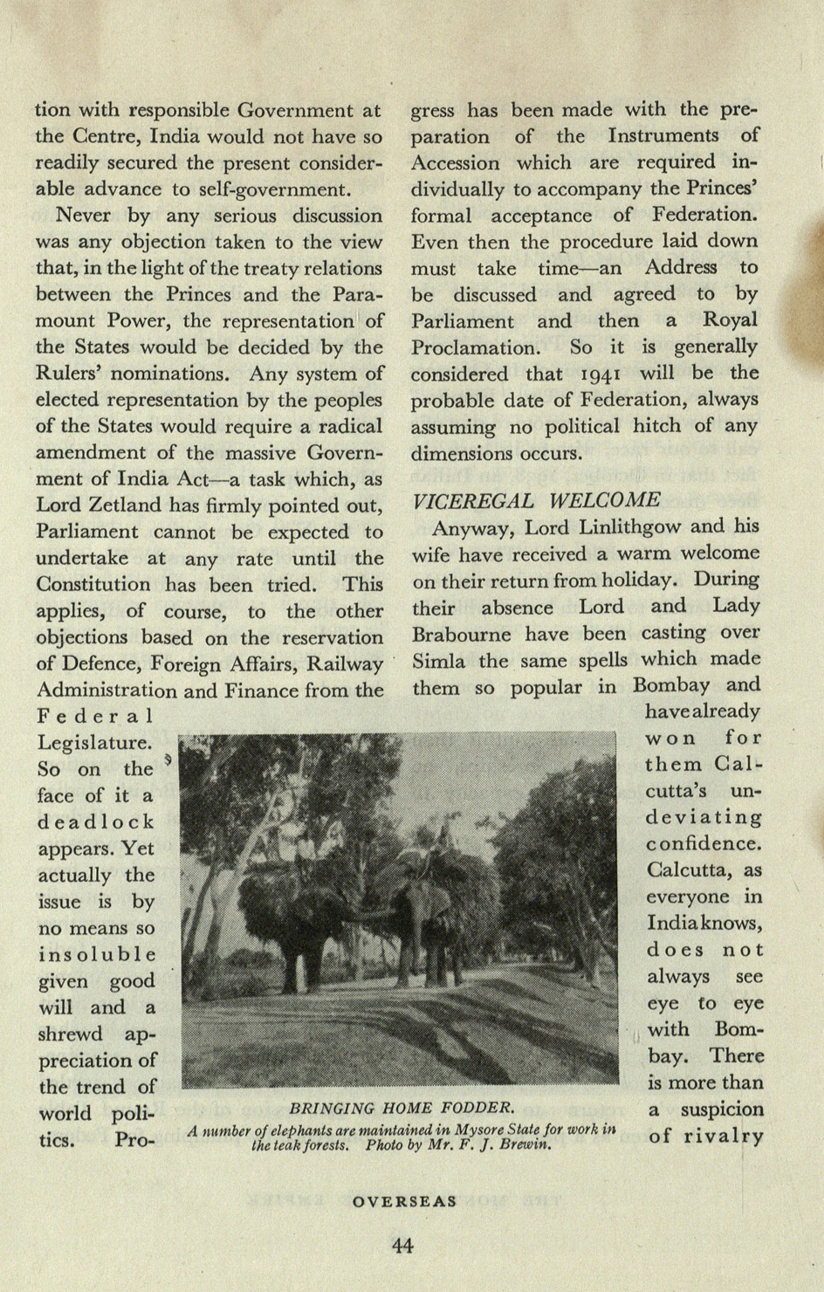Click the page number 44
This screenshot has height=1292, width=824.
pyautogui.click(x=402, y=1246)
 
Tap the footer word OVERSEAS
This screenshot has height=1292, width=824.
pyautogui.click(x=405, y=1201)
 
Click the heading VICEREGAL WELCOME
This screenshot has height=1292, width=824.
pyautogui.click(x=536, y=500)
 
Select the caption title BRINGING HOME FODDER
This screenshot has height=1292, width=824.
pyautogui.click(x=401, y=1108)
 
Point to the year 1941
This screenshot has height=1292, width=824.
pyautogui.click(x=598, y=375)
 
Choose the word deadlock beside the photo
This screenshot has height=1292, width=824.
pyautogui.click(x=96, y=822)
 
